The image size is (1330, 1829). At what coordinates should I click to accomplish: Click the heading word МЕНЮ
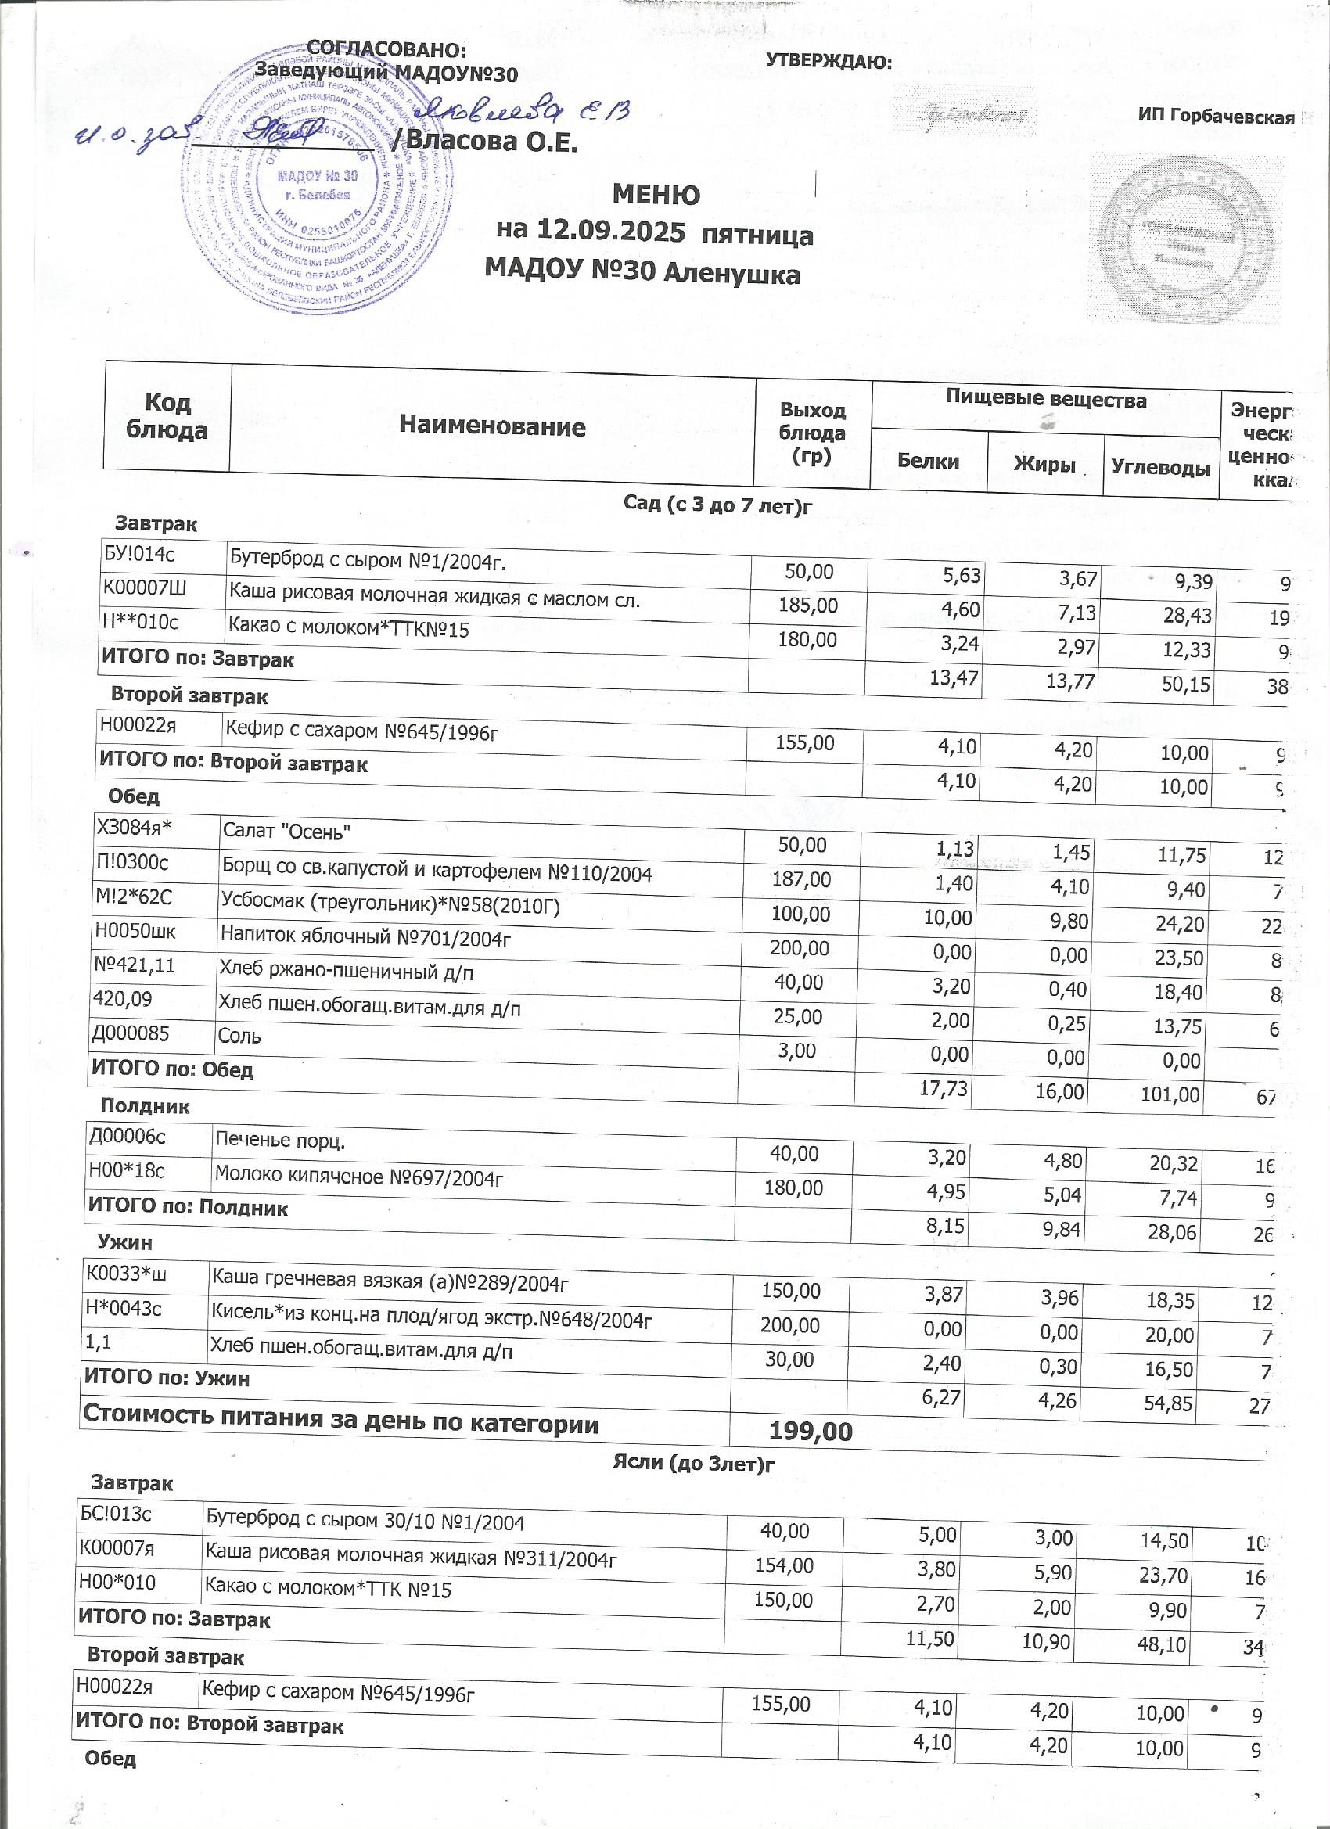point(656,195)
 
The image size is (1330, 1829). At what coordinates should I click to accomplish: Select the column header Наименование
point(492,426)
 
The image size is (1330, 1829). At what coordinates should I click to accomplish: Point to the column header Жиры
point(1044,465)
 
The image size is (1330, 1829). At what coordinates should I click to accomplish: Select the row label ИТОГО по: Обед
point(173,1070)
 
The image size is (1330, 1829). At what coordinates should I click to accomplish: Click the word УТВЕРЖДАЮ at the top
point(828,61)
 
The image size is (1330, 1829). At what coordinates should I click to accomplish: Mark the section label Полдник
point(146,1105)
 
